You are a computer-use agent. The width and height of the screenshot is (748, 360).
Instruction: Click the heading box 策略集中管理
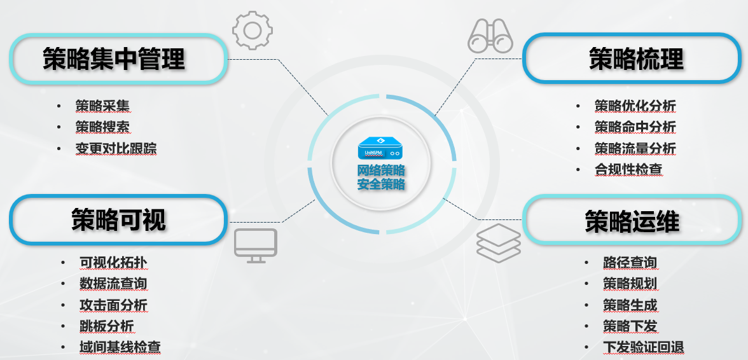pos(118,59)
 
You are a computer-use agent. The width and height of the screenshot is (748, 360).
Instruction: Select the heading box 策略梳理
pos(634,59)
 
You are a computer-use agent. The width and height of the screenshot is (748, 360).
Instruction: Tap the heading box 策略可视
pos(118,219)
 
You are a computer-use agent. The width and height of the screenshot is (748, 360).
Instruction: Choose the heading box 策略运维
pos(632,221)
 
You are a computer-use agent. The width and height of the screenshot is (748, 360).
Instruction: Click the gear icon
pos(253,30)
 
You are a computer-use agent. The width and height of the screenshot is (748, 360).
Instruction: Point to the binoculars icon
pos(490,35)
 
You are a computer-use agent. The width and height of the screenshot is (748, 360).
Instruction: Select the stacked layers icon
pos(499,243)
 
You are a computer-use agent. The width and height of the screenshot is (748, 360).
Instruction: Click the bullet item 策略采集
pos(102,106)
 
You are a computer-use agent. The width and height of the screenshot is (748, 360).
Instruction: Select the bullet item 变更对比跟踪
pos(116,149)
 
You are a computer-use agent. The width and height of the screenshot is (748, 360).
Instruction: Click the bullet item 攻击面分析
pos(113,305)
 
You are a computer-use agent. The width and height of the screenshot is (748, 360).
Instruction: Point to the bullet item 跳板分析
pos(106,326)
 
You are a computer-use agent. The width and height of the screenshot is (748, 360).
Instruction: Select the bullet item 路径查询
pos(630,262)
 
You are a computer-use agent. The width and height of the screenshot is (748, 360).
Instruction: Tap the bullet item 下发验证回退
pos(643,347)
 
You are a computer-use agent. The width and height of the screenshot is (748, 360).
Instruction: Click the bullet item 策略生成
pos(630,305)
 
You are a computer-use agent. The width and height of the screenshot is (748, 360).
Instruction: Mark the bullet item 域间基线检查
pos(120,347)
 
